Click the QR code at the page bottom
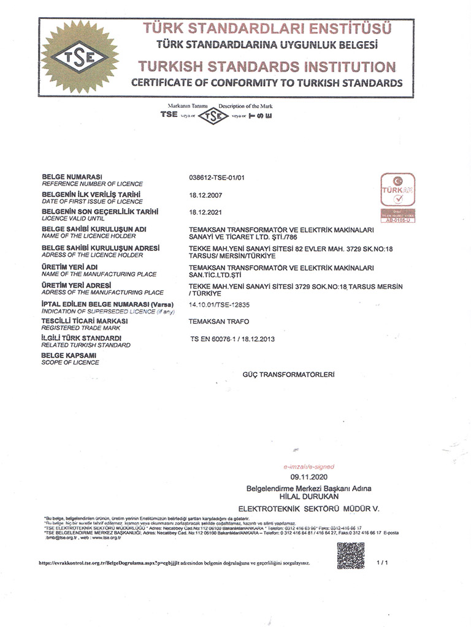coord(350,556)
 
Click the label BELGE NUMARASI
coord(71,176)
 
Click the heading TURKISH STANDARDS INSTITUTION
coord(267,66)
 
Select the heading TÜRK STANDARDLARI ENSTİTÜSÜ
coord(267,28)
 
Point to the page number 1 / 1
coord(383,561)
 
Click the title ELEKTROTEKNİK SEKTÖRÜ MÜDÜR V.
coord(308,509)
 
